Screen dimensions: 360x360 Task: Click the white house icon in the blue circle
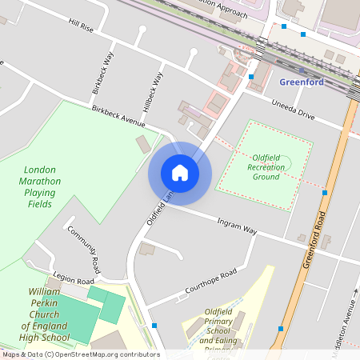point(180,172)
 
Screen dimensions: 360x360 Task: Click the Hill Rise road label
point(81,28)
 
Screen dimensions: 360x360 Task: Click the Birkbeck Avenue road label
point(118,117)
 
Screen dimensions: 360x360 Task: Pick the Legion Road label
point(74,277)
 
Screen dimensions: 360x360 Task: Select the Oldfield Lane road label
point(158,206)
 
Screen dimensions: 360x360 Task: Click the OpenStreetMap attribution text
point(81,354)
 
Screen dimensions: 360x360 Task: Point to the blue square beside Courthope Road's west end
point(154,326)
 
